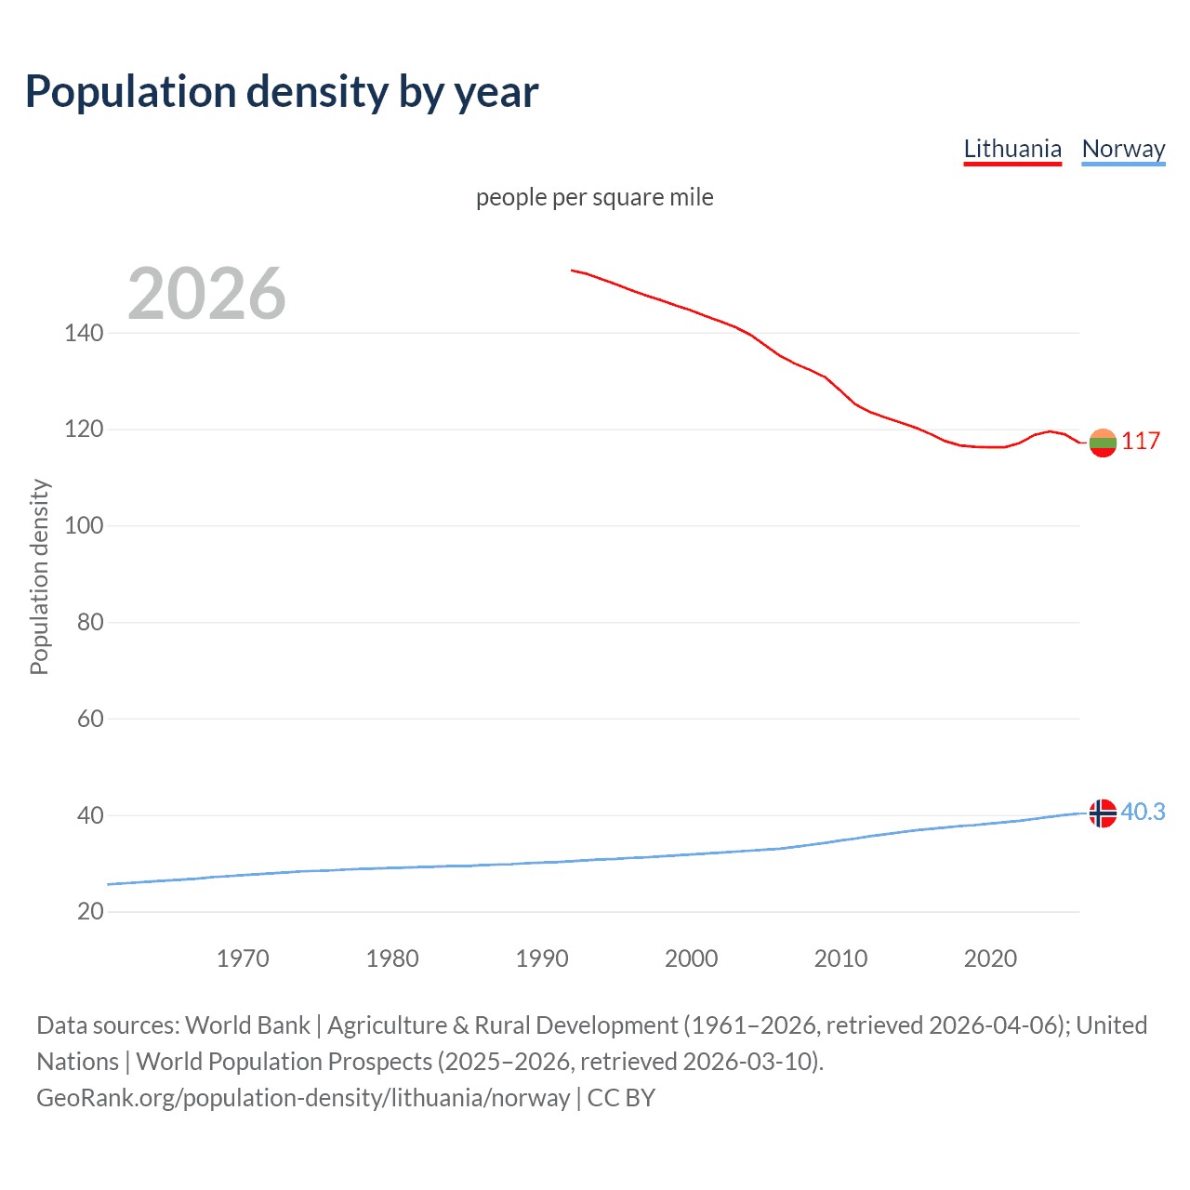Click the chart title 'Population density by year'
[282, 92]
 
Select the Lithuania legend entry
[1011, 149]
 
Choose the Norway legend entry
[1123, 149]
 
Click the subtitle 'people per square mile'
[594, 198]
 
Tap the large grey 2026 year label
[206, 294]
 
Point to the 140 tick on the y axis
[84, 333]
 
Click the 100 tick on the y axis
[84, 525]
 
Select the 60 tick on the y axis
[90, 719]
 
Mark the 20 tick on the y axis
[90, 911]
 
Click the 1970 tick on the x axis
[243, 959]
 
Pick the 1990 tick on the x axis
[542, 959]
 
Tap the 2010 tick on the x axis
[840, 959]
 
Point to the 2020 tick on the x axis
[990, 959]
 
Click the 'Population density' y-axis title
[39, 576]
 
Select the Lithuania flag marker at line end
[1103, 443]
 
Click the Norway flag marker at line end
[1103, 813]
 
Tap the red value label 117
[1140, 441]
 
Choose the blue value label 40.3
[1143, 813]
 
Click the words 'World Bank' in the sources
[247, 1025]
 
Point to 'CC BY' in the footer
[621, 1098]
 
